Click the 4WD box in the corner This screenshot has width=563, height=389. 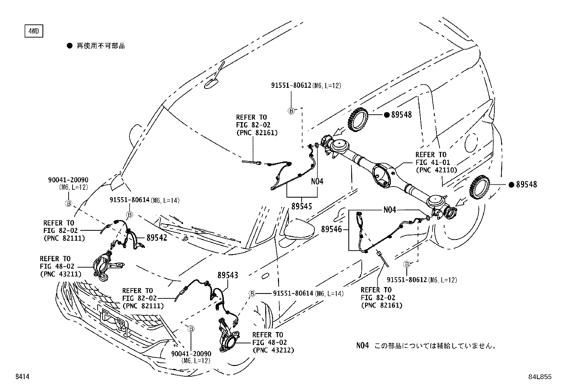(x=34, y=32)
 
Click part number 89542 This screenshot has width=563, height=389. (x=157, y=238)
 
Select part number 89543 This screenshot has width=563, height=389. (x=228, y=275)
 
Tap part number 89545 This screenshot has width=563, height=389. (x=302, y=206)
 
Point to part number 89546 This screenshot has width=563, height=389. (x=331, y=229)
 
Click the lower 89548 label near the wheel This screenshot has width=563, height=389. (x=526, y=184)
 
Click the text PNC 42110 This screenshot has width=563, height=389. (x=436, y=170)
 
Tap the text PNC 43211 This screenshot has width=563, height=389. (x=60, y=274)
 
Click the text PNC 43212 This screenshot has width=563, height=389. (x=273, y=350)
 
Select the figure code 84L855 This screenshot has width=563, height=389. (x=540, y=377)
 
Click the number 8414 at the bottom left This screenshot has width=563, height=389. (x=22, y=377)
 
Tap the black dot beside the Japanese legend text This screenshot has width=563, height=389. (x=70, y=46)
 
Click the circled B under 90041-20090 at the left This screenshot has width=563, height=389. (x=69, y=203)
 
